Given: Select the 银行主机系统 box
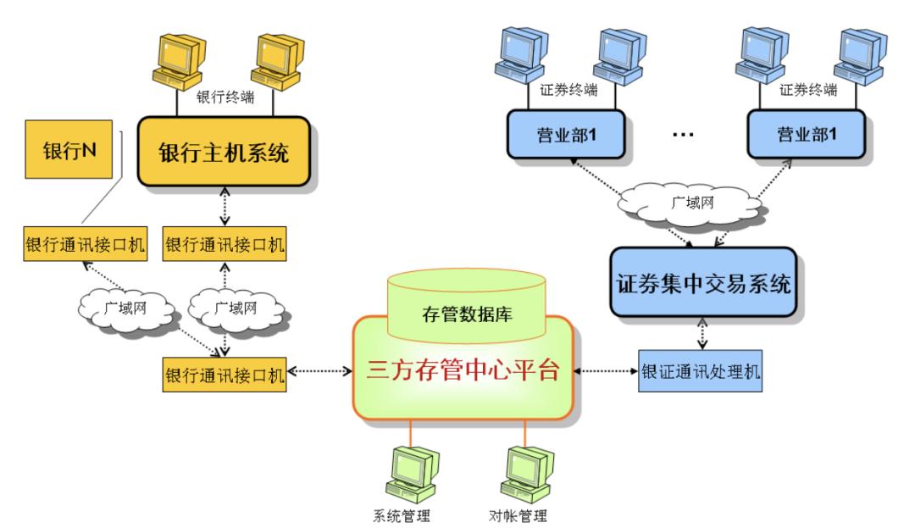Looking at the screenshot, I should [224, 153].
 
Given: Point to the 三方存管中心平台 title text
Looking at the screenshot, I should [463, 370].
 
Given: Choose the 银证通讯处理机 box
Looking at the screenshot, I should [700, 373].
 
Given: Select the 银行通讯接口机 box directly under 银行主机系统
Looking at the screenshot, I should [224, 245].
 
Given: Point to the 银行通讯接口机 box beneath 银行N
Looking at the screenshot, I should [82, 245].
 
